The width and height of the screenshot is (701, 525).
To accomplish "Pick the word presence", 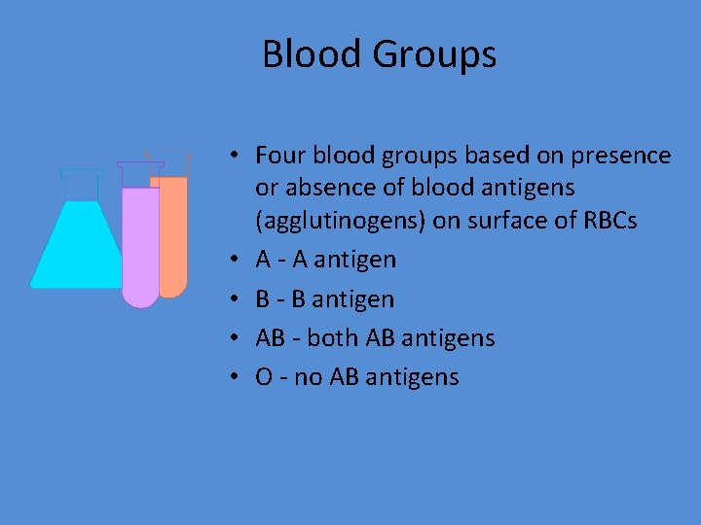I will [622, 157].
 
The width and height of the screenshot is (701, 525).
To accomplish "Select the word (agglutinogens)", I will [333, 222].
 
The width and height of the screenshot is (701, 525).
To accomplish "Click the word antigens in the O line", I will [413, 377].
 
